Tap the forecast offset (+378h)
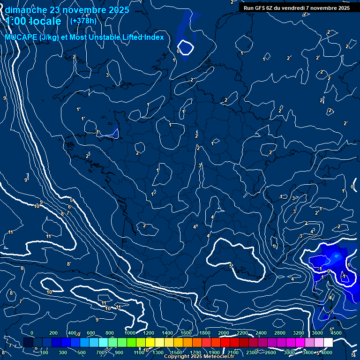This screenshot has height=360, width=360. (x=83, y=21)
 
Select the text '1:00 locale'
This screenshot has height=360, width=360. (x=33, y=21)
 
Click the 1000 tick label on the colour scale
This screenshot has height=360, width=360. (x=130, y=333)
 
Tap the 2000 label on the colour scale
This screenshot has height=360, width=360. (x=224, y=333)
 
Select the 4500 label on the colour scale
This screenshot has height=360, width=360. (x=335, y=333)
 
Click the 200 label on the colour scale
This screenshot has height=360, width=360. (x=53, y=333)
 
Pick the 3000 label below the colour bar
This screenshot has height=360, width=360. (x=289, y=352)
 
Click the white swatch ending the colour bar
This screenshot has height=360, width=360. (x=328, y=342)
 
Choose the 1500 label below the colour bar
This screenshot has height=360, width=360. (x=176, y=352)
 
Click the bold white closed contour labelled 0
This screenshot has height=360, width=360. (x=186, y=47)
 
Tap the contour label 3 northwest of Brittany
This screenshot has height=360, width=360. (x=107, y=75)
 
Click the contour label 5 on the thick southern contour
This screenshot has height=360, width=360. (x=231, y=266)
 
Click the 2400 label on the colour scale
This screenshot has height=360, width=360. (x=261, y=333)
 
